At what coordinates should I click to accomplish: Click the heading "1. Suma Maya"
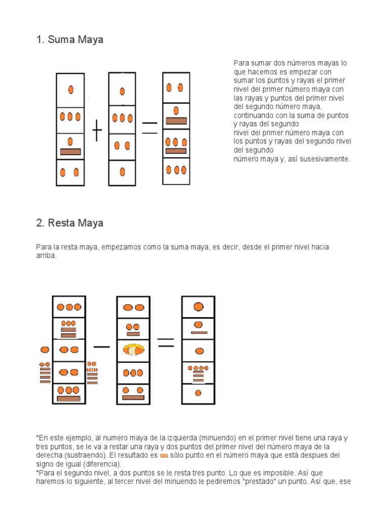pos(69,40)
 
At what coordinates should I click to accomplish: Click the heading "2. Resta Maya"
pos(69,223)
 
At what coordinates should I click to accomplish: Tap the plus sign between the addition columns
pos(97,133)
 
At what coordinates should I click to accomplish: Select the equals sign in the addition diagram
pos(149,128)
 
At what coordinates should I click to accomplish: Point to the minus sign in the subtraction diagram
pos(101,347)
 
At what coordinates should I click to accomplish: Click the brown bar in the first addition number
pos(70,152)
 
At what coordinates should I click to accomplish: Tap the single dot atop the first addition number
pos(71,90)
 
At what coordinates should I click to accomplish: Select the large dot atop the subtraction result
pos(199,307)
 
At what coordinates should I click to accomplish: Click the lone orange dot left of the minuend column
pos(45,350)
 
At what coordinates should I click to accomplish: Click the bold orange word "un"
pos(164,455)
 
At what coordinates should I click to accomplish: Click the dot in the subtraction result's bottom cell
pos(198,393)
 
